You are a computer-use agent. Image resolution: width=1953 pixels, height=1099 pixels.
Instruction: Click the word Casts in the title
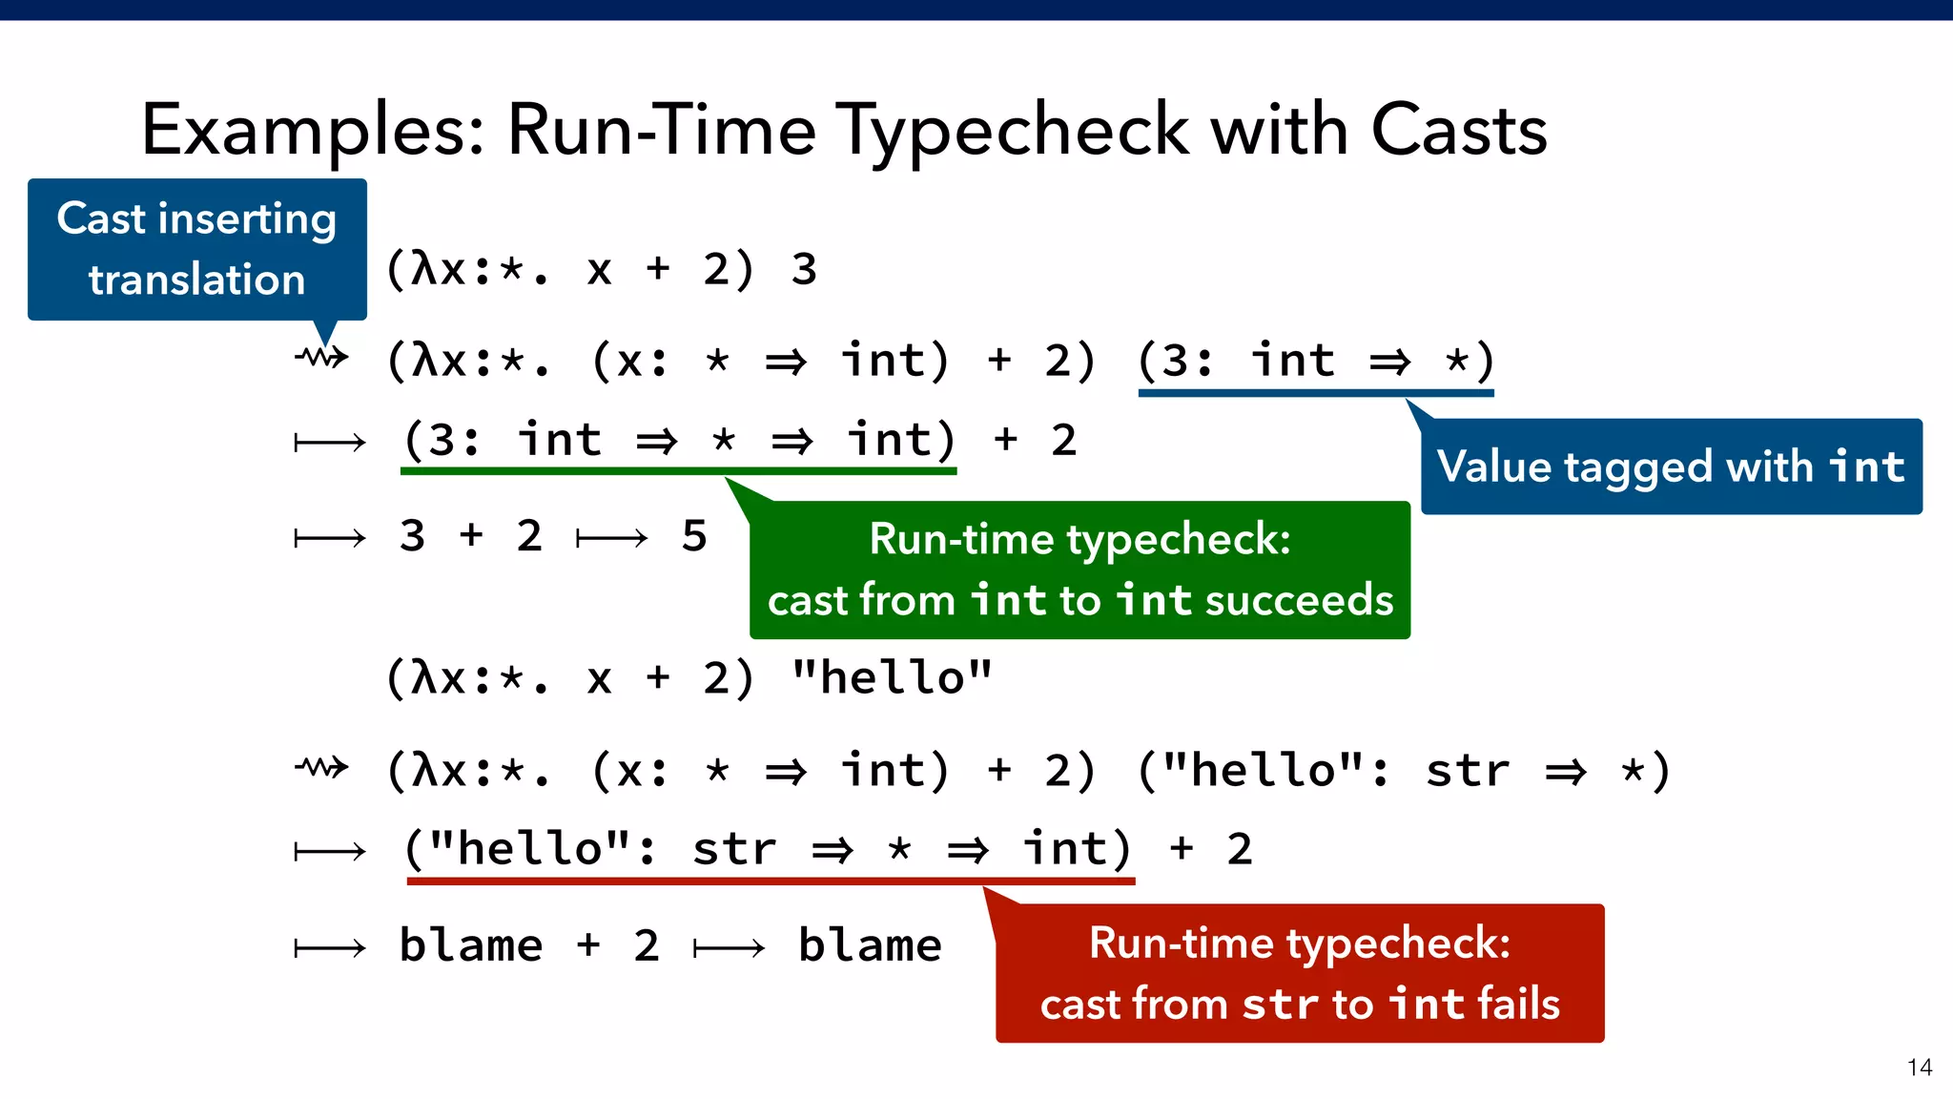(x=1458, y=130)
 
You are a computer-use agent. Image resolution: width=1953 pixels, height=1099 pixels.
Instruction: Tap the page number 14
(x=1919, y=1068)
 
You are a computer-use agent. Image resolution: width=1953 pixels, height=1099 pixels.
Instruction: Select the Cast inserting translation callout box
(x=196, y=249)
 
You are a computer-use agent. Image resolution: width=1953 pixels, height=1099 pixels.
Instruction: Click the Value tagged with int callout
(x=1671, y=467)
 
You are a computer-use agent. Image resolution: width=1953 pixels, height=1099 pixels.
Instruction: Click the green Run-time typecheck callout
(x=1079, y=570)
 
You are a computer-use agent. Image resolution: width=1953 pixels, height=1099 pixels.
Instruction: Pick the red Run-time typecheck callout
(x=1299, y=973)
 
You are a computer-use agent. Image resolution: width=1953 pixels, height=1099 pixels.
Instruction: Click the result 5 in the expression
(x=694, y=536)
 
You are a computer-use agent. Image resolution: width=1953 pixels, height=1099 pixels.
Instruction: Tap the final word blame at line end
(x=870, y=945)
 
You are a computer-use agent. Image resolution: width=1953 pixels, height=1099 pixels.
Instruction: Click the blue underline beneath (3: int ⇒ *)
(x=1316, y=392)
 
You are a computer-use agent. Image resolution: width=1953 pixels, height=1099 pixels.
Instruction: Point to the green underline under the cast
(x=679, y=470)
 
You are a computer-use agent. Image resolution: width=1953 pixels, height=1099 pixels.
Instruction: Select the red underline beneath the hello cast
(x=771, y=881)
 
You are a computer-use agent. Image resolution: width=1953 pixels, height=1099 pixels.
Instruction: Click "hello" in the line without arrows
(x=892, y=678)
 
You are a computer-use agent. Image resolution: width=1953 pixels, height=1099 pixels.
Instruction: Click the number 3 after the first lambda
(x=804, y=270)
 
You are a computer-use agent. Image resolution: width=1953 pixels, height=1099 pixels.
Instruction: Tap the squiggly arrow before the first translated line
(x=321, y=358)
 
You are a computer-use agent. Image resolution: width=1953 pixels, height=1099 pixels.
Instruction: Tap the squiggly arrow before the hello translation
(x=321, y=767)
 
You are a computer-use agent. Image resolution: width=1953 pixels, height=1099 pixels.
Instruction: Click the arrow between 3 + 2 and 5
(x=611, y=539)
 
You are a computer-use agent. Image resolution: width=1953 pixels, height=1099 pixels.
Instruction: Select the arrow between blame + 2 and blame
(x=729, y=948)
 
